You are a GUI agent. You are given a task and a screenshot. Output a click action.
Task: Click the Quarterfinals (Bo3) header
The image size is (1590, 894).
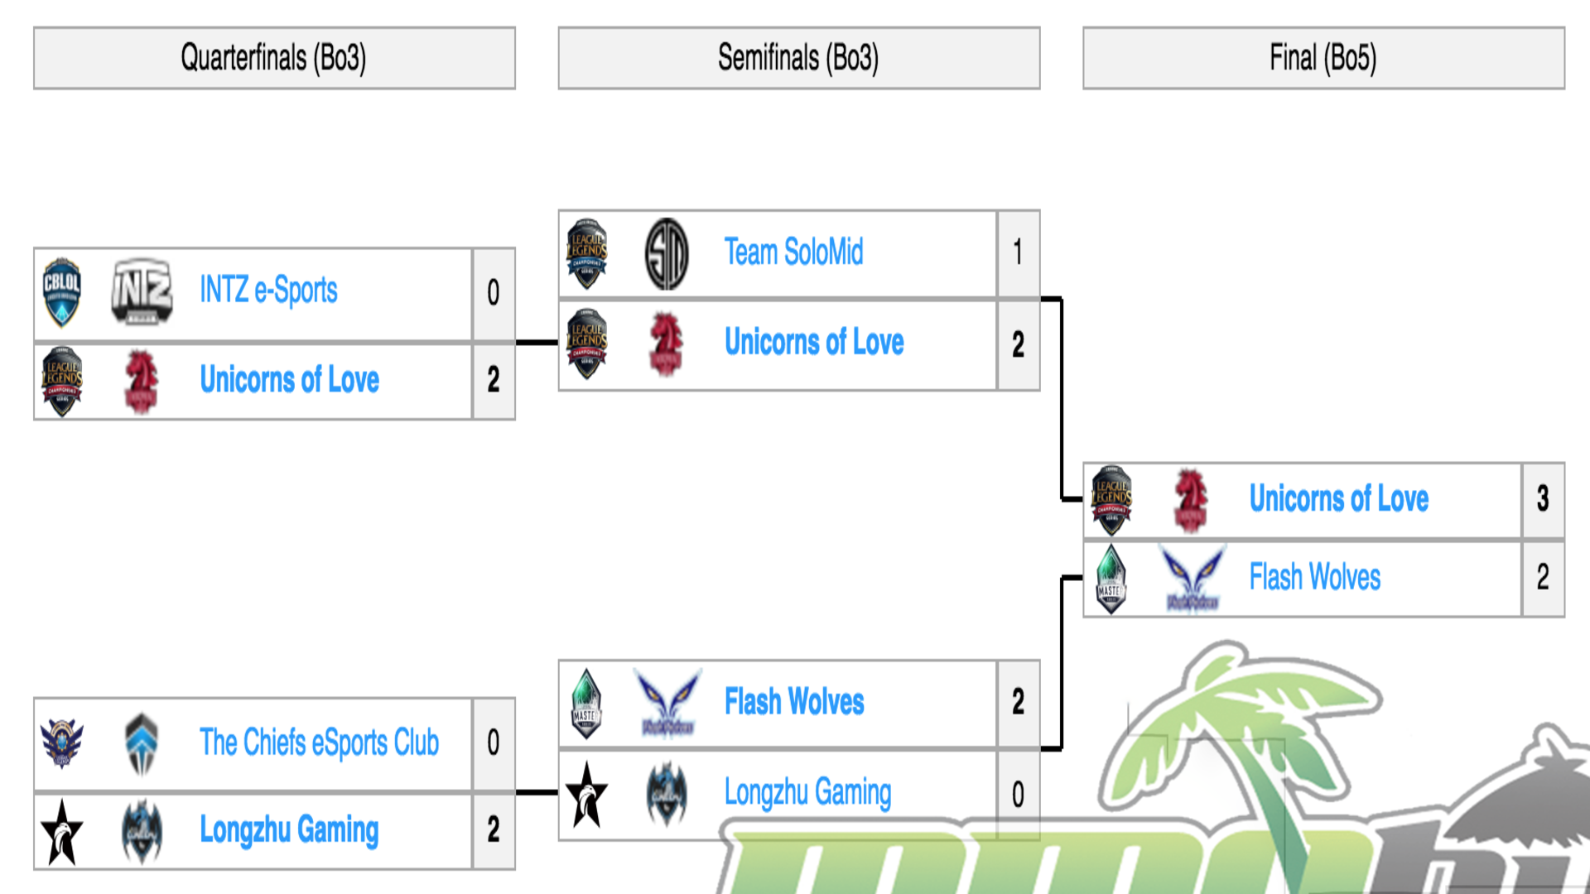click(273, 58)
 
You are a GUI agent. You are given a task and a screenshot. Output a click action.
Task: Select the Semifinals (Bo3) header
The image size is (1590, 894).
click(798, 58)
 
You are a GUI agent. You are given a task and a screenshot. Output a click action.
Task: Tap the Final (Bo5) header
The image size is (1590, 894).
click(1323, 58)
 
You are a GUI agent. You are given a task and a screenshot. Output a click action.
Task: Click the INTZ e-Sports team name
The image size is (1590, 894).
click(268, 291)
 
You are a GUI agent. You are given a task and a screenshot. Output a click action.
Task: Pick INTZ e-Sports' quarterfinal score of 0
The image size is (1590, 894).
click(494, 292)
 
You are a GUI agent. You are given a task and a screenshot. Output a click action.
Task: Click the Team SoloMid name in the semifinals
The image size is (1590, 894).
click(793, 252)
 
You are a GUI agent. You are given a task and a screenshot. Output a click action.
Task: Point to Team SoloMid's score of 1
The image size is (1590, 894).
click(1018, 252)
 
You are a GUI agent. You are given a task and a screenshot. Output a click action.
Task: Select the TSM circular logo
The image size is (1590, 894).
click(667, 253)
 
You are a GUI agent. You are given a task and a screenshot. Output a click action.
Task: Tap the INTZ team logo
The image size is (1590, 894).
click(142, 291)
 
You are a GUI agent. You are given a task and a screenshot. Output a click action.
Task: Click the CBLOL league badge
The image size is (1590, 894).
click(62, 291)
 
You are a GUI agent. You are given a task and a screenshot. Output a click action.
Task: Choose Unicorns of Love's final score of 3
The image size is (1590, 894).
click(1543, 498)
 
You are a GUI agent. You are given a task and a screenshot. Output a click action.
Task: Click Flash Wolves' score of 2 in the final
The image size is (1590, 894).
click(1543, 577)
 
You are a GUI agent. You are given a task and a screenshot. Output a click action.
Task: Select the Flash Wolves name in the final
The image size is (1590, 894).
click(1315, 577)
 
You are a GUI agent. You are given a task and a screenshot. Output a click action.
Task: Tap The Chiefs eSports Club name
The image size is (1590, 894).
click(319, 743)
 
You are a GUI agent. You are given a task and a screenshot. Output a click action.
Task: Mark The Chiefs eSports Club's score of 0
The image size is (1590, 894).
click(494, 743)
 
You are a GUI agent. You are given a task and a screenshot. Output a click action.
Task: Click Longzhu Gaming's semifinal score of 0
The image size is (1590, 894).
click(1018, 795)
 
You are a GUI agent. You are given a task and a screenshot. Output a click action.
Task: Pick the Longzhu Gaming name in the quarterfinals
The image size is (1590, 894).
click(289, 829)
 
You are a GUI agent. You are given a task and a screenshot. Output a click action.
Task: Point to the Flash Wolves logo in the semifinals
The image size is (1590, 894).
click(667, 704)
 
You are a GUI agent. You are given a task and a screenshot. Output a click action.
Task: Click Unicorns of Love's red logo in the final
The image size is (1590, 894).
click(1192, 499)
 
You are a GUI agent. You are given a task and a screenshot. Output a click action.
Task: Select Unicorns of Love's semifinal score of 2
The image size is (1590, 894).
click(1018, 344)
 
